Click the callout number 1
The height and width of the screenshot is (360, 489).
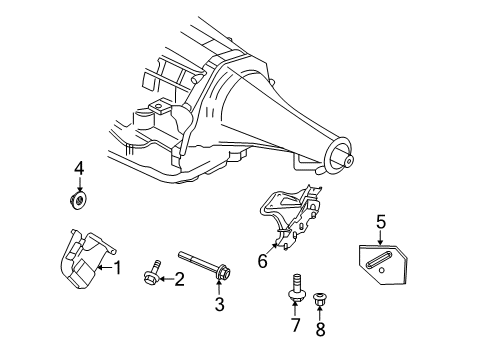[x=117, y=267]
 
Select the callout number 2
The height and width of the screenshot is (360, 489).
[x=180, y=279]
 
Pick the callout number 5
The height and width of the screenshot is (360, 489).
[x=381, y=221]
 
